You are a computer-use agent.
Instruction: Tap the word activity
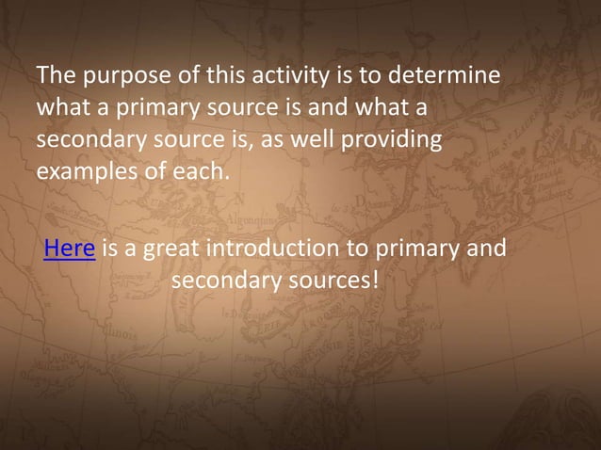[x=299, y=75]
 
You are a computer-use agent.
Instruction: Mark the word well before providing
[x=316, y=141]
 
